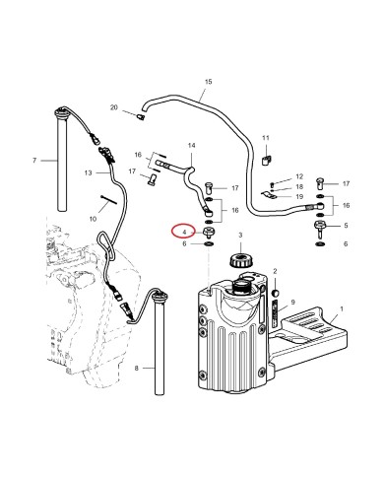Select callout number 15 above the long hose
[207, 82]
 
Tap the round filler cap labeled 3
[236, 262]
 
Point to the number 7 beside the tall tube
[34, 161]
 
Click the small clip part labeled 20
[141, 117]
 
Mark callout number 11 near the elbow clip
[265, 137]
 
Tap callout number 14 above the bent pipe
[191, 144]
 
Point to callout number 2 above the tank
[276, 270]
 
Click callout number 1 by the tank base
[342, 309]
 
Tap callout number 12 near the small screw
[298, 173]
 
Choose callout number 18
[298, 185]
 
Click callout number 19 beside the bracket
[298, 197]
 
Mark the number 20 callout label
[114, 106]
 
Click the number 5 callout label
[345, 227]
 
